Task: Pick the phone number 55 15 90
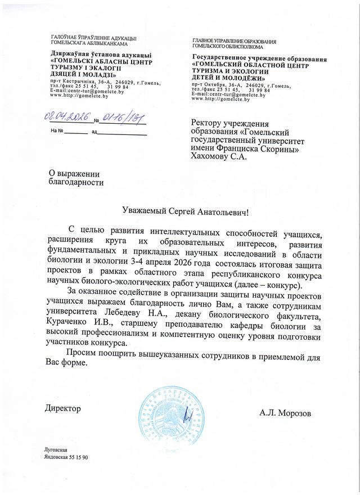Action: (x=84, y=458)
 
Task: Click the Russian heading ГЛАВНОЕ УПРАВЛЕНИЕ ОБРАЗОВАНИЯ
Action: (x=234, y=42)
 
